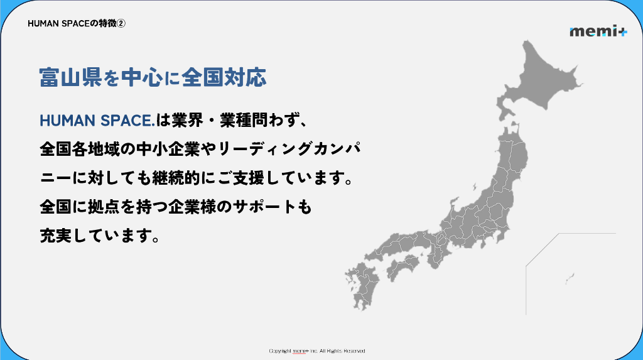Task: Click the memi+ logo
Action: point(598,31)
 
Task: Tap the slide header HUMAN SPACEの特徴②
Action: point(77,23)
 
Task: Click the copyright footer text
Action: point(316,351)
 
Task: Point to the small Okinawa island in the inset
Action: point(570,276)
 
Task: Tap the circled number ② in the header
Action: point(122,23)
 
